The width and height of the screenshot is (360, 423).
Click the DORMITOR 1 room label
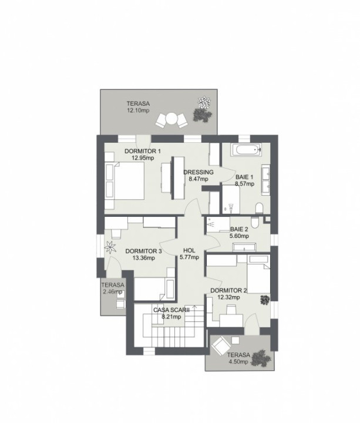142,151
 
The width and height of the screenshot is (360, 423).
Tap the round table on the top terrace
171,119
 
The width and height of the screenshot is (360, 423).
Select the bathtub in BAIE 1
246,150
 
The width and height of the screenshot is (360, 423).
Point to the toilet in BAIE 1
259,208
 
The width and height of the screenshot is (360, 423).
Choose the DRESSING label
198,172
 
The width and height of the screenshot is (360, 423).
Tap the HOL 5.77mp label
189,254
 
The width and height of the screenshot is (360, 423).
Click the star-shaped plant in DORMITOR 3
110,247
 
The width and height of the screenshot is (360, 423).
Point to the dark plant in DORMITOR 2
265,300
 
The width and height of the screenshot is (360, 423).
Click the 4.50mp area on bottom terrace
238,362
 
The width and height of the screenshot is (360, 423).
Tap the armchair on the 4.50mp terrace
220,345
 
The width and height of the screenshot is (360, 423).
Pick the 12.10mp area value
138,110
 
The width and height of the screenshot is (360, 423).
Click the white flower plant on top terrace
204,102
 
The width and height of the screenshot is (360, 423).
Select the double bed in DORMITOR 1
125,181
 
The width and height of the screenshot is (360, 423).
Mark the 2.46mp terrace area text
113,291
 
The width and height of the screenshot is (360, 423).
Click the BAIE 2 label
239,229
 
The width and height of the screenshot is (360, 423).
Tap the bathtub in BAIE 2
244,247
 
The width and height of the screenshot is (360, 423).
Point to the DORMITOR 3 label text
143,251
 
